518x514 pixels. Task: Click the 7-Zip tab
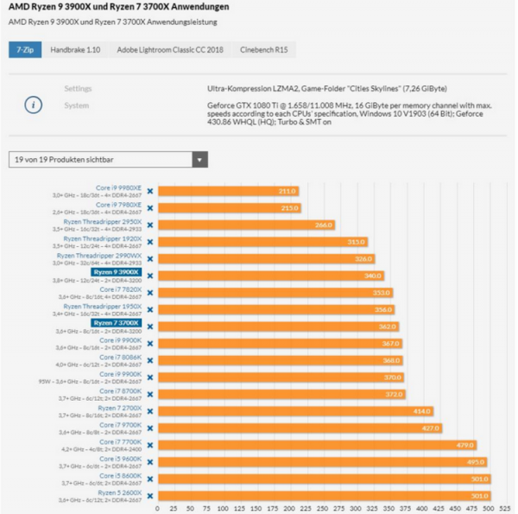23,50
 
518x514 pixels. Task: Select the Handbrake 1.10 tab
75,50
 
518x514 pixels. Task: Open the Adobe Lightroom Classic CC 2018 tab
170,50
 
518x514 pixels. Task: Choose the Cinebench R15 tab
264,50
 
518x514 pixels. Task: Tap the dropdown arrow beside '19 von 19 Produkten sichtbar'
200,160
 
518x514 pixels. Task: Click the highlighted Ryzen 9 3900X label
116,273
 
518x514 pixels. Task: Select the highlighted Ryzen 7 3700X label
116,324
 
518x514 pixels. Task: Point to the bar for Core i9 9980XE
228,191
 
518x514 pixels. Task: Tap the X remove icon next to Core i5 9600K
150,461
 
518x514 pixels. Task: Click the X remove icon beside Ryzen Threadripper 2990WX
150,258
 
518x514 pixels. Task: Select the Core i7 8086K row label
120,357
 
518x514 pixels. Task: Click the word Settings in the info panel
78,88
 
